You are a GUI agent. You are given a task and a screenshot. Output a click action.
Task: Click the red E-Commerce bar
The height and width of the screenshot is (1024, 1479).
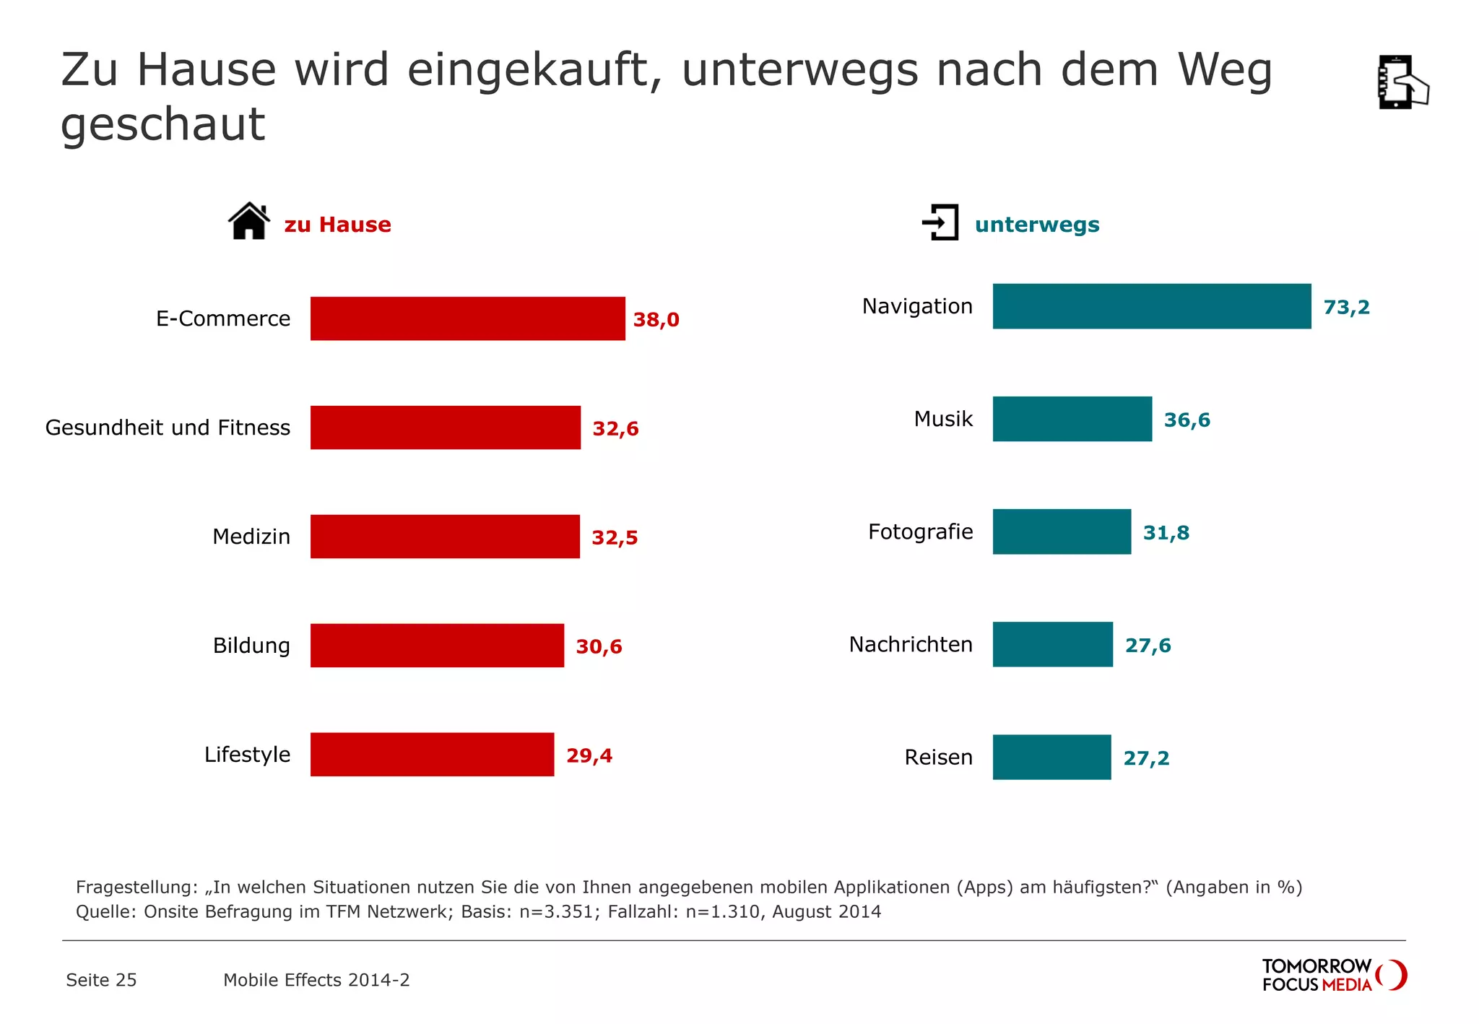467,318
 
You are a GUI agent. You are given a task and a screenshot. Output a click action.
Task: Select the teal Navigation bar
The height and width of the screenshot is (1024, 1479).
1151,306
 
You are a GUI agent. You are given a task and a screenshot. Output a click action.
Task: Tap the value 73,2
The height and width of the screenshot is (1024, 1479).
1346,308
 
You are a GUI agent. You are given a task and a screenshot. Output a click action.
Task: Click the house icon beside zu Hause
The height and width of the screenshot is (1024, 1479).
249,221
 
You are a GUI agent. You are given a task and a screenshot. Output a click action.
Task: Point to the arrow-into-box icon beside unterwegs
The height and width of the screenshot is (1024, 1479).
940,222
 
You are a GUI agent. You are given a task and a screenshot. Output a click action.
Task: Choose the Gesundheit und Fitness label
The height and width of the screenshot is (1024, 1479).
168,428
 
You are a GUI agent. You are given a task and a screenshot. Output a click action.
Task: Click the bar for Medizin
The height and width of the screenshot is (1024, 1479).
445,537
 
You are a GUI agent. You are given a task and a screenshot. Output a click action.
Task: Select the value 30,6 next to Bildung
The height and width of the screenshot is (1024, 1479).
599,646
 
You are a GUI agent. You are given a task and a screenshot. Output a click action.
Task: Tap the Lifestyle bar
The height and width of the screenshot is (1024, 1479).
432,755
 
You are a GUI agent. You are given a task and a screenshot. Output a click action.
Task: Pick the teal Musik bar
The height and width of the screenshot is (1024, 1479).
1072,419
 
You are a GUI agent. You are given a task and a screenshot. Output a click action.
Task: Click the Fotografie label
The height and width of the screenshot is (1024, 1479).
920,532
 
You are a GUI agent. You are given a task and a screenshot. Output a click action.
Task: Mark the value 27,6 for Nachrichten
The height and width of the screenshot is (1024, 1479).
1148,646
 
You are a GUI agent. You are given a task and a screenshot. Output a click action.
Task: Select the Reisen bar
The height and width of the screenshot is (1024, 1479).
1051,758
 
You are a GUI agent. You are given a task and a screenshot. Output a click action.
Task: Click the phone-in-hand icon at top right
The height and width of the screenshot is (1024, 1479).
1402,82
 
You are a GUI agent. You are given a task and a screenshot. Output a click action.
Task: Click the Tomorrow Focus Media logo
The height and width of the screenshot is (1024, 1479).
1333,975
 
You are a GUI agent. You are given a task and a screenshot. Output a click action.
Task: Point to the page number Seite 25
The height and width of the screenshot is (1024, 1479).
101,980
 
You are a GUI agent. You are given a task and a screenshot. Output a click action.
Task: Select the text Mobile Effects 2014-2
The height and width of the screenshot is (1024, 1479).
316,980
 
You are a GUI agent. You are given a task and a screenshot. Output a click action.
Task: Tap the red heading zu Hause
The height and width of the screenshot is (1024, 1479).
337,225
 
